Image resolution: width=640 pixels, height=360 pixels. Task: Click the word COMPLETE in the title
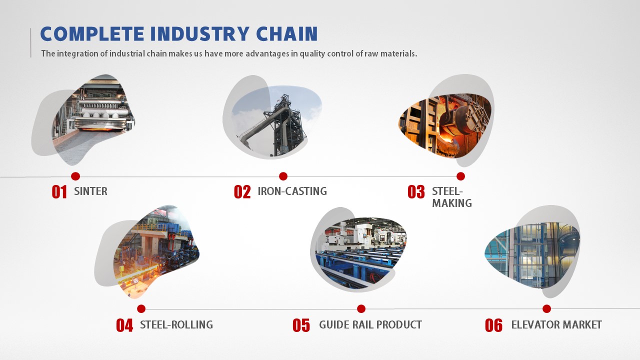[x=92, y=33]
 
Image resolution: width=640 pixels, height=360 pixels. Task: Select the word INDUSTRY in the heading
[x=199, y=33]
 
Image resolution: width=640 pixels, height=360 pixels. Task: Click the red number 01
[x=59, y=191]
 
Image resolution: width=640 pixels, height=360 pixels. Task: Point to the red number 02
[x=242, y=191]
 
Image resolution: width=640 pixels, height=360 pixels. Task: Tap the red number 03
[x=416, y=191]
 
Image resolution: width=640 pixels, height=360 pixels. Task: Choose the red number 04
[x=124, y=325]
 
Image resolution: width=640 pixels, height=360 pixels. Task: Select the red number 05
[x=301, y=325]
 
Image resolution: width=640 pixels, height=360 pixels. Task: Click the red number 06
[x=493, y=325]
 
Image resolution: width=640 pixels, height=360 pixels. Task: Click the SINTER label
[x=91, y=191]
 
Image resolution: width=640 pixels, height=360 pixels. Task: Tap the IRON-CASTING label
[x=292, y=191]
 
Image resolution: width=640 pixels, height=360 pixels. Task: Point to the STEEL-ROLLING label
[x=176, y=324]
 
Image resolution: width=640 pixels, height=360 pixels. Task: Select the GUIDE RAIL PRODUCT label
[x=370, y=324]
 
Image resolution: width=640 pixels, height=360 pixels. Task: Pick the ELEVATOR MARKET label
[x=556, y=324]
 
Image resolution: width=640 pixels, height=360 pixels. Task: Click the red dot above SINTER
[x=75, y=176]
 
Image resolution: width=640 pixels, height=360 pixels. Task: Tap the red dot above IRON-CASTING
[x=283, y=176]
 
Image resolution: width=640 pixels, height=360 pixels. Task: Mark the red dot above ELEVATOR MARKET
[x=546, y=308]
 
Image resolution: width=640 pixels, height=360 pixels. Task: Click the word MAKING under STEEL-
[x=452, y=203]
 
